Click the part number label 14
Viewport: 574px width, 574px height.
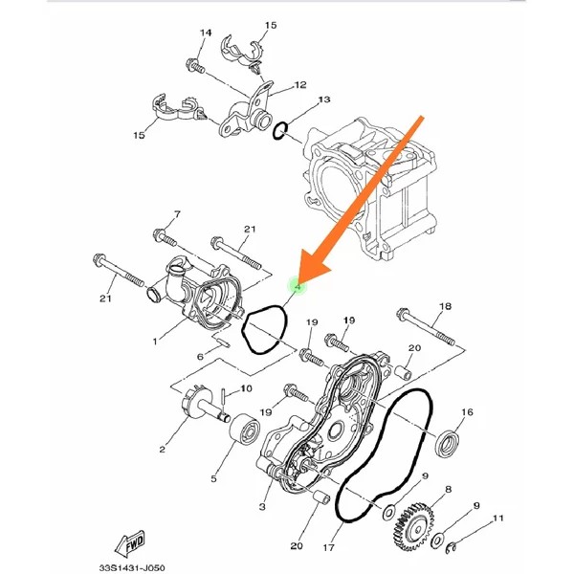click(x=204, y=33)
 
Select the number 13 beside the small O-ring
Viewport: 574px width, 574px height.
click(x=323, y=99)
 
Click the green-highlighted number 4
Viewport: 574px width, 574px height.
click(x=298, y=286)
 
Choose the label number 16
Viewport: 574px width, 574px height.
click(x=467, y=413)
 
